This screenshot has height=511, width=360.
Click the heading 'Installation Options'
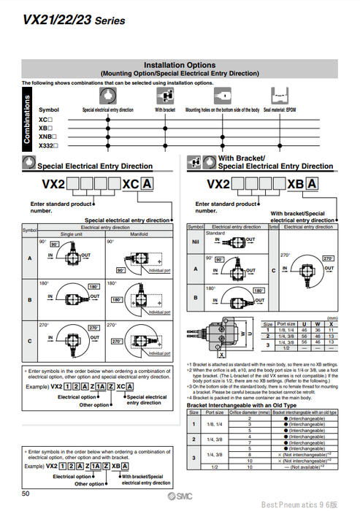coord(180,65)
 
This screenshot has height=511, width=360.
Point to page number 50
coord(26,496)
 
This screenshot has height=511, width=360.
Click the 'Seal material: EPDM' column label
coord(280,109)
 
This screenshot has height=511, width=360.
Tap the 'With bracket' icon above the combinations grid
coord(166,96)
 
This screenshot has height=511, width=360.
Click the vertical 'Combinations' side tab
coord(28,120)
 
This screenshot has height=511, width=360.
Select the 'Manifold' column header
coord(137,234)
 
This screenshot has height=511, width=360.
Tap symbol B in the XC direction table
coord(30,299)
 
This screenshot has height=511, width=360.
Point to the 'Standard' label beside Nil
coord(215,233)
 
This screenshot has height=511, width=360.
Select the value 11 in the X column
coord(333,330)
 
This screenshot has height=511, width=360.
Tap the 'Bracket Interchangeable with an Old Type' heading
coord(242,404)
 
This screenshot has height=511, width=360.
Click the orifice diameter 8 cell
coord(250,453)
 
